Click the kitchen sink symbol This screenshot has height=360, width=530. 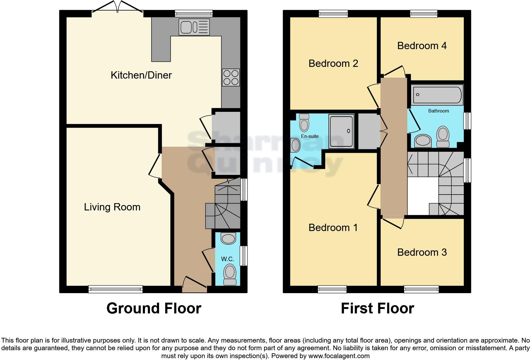(194, 27)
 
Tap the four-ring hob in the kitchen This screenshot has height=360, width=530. (231, 77)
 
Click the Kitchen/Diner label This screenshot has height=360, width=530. (141, 75)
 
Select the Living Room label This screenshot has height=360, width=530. (112, 207)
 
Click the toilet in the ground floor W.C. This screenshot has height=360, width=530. (229, 275)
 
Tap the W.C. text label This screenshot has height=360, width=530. (228, 259)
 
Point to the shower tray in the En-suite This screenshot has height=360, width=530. (341, 131)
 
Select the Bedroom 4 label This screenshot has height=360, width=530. (422, 46)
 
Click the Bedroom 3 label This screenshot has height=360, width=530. (422, 252)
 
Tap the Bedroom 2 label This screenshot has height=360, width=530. (333, 63)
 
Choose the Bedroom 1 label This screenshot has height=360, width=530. (333, 228)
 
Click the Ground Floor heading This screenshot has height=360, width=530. (154, 308)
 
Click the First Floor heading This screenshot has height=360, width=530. (377, 308)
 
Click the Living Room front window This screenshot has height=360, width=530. (115, 289)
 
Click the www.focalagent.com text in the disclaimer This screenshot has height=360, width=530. (339, 356)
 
